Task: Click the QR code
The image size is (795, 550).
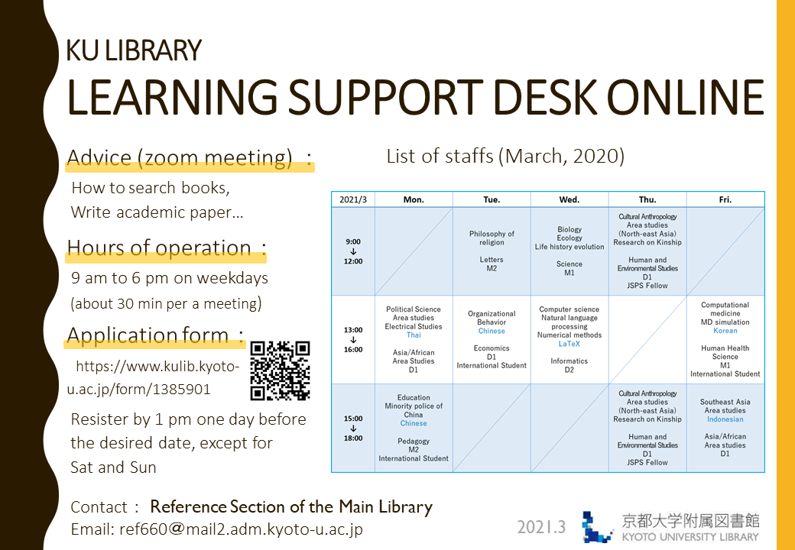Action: click(280, 371)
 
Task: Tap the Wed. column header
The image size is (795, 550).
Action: click(569, 199)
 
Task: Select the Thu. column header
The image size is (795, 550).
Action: click(647, 199)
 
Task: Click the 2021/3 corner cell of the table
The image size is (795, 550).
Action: click(353, 199)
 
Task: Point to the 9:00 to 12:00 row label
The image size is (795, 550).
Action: click(353, 252)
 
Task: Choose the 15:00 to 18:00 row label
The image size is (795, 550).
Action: click(353, 429)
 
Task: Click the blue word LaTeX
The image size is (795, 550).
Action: click(569, 344)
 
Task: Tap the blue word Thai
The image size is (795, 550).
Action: click(414, 335)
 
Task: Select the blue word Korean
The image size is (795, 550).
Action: click(725, 331)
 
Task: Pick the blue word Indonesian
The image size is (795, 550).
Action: click(725, 419)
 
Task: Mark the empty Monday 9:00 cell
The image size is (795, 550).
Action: click(414, 251)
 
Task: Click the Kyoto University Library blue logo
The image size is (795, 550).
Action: click(597, 527)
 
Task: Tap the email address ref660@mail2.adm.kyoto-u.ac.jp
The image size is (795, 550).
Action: click(241, 529)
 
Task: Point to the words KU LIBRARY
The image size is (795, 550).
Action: click(134, 50)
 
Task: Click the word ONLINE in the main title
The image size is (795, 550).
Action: click(686, 96)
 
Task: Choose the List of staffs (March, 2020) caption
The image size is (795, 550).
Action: click(505, 156)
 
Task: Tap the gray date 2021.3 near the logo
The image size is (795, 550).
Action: click(541, 527)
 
